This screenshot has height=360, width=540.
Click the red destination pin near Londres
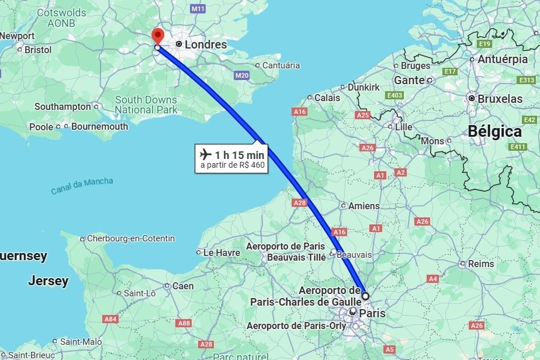click(157, 34)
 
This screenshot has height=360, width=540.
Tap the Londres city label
click(205, 44)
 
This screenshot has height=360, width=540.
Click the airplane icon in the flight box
click(205, 154)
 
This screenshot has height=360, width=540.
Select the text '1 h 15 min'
click(240, 155)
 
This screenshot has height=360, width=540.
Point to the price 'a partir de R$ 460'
click(233, 165)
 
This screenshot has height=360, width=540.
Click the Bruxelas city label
click(500, 99)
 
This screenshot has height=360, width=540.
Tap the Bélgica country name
click(494, 131)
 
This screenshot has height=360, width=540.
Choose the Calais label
click(327, 98)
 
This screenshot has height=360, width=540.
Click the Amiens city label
click(364, 206)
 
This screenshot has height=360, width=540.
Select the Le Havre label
click(221, 252)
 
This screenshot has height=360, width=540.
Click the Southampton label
click(63, 106)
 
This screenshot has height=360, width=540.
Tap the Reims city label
click(480, 264)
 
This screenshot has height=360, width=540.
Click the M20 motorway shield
click(241, 75)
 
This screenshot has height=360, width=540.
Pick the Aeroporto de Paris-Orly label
click(296, 326)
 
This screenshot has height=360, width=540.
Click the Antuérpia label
click(502, 60)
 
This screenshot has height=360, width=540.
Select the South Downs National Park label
click(146, 105)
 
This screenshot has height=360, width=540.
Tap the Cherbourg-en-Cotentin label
click(130, 238)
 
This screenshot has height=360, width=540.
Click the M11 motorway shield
click(198, 9)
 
